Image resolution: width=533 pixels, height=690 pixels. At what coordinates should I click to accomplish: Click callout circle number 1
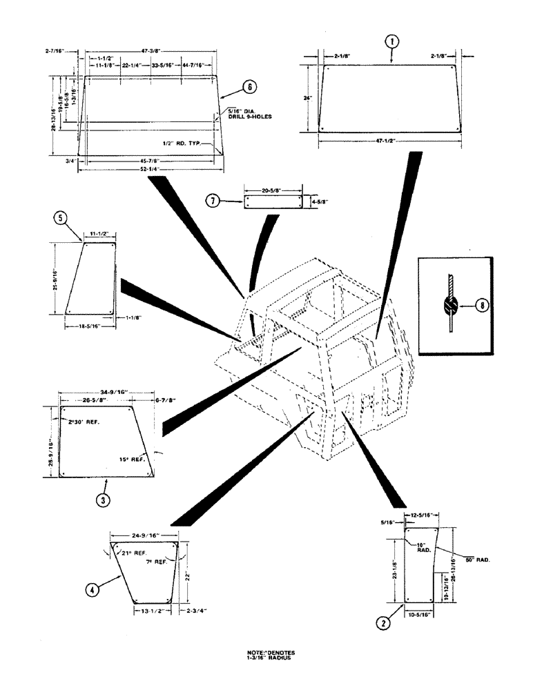click(391, 42)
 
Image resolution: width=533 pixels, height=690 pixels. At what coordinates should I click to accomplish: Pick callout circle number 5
click(61, 219)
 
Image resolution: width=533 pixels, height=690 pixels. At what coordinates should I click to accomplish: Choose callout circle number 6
click(249, 87)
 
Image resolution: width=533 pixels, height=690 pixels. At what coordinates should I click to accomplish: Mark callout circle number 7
click(214, 201)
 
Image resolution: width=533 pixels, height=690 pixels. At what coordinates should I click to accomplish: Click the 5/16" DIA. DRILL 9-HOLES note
click(250, 114)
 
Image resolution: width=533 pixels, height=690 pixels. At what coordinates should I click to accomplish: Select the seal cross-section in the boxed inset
click(450, 304)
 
